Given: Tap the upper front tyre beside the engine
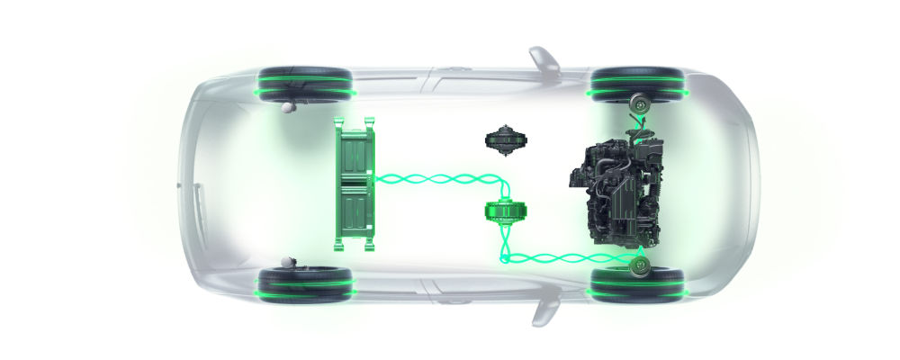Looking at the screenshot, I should (636, 82).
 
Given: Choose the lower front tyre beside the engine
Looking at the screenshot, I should (636, 282).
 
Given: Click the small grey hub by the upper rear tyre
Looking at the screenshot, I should (289, 107).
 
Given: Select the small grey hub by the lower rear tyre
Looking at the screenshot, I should (289, 261).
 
